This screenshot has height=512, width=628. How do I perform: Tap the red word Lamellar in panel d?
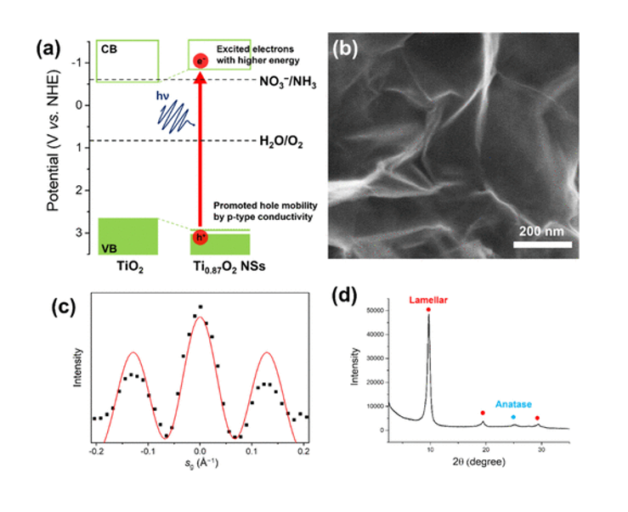428,299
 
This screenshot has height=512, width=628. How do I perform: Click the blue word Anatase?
513,405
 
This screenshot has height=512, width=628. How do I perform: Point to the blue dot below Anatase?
513,417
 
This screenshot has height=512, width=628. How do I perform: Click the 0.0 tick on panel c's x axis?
200,453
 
